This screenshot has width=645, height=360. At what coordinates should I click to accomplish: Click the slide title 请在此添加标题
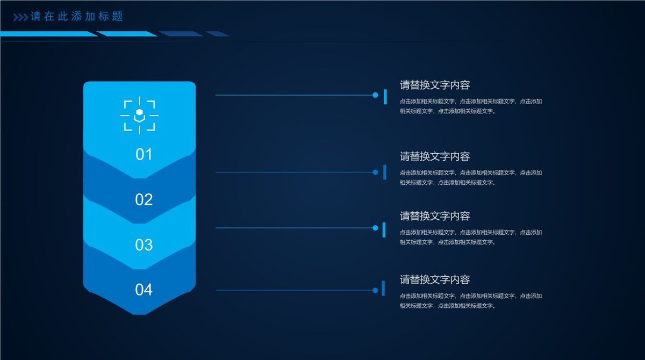click(x=77, y=17)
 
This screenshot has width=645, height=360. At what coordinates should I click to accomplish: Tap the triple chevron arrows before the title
click(x=20, y=17)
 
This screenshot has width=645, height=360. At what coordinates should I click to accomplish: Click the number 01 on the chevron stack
click(x=144, y=155)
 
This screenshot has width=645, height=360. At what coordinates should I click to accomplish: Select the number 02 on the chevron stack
click(x=144, y=200)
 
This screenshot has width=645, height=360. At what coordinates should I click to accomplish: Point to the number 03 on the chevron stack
click(x=144, y=245)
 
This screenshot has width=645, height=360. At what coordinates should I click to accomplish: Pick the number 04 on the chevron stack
click(x=144, y=290)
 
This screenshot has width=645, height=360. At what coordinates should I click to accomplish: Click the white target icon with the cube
click(x=139, y=114)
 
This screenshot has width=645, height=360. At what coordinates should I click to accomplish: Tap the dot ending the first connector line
click(x=375, y=95)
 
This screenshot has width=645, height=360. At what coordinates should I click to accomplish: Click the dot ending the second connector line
click(x=375, y=172)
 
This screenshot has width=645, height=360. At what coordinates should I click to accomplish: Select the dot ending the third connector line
click(x=375, y=228)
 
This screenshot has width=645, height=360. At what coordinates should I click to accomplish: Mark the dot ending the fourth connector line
click(x=375, y=290)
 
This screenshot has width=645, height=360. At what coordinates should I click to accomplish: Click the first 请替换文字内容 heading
click(x=435, y=85)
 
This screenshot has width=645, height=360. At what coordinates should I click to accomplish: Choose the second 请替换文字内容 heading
click(x=435, y=156)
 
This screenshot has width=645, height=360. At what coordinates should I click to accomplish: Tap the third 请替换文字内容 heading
click(x=435, y=216)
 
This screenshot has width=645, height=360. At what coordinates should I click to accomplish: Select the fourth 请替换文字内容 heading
click(x=435, y=279)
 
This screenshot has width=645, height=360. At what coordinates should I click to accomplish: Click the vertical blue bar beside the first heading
click(x=385, y=97)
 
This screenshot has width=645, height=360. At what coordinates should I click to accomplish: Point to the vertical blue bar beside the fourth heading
click(x=383, y=288)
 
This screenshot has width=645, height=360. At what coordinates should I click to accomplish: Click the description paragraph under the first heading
click(x=470, y=106)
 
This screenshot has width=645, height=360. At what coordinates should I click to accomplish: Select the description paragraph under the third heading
click(x=470, y=237)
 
